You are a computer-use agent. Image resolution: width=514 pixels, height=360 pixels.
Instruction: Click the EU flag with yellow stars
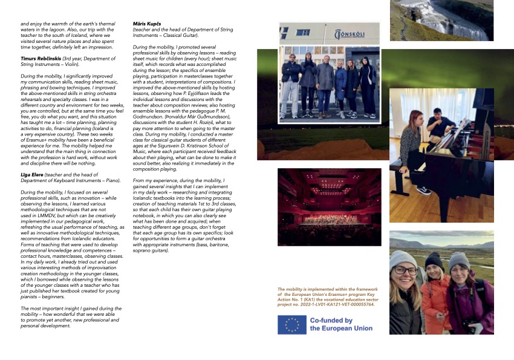coord(291,325)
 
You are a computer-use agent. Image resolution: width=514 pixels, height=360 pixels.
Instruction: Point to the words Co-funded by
coord(331,321)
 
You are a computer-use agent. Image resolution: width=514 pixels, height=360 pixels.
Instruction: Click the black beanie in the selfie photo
coord(434,261)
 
